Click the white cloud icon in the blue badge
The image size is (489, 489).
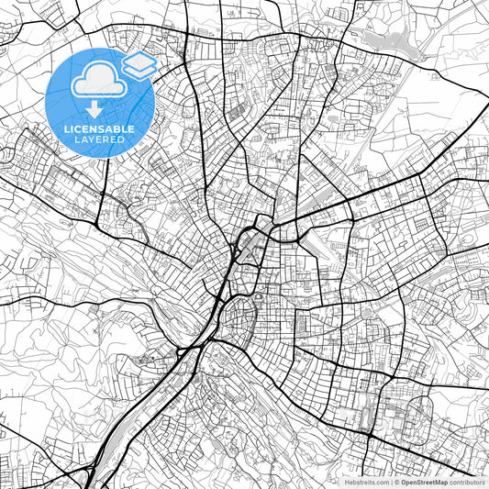[x=98, y=81]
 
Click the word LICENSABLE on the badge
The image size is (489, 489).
[x=99, y=129]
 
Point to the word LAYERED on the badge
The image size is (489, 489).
[x=99, y=139]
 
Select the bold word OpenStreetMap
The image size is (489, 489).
[x=424, y=481]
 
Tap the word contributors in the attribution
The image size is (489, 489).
[x=467, y=481]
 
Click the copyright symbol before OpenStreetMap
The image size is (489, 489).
[x=395, y=481]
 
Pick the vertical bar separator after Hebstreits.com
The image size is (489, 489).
[x=389, y=481]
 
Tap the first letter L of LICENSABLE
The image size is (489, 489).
[x=65, y=129]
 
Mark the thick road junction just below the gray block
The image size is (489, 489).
[x=366, y=437]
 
